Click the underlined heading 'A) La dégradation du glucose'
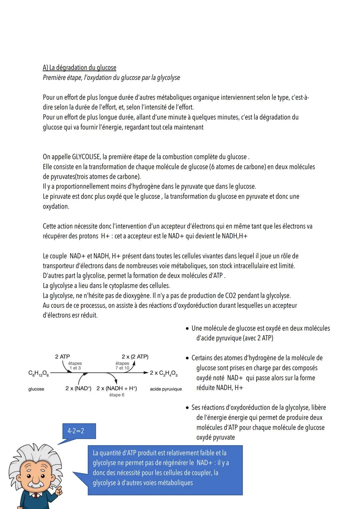click(x=79, y=68)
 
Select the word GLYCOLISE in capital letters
click(x=86, y=157)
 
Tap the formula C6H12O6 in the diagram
click(x=39, y=373)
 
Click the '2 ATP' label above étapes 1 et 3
click(x=62, y=356)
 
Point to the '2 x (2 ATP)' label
click(x=135, y=356)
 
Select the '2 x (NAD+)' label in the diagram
click(x=78, y=388)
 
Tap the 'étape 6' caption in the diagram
click(x=117, y=395)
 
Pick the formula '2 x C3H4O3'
click(x=164, y=373)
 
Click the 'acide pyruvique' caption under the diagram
click(x=166, y=389)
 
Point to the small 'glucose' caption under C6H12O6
click(x=36, y=389)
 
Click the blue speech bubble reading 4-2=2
click(x=79, y=431)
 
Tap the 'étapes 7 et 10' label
click(x=122, y=365)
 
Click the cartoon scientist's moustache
click(x=33, y=483)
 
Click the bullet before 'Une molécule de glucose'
click(x=187, y=328)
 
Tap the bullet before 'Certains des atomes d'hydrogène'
click(x=187, y=358)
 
